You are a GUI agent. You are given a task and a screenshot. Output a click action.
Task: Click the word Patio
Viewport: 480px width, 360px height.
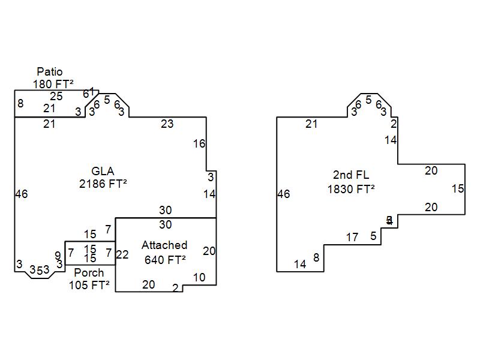(x=49, y=72)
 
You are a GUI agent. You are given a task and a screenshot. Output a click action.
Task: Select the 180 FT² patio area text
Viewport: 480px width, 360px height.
(x=53, y=84)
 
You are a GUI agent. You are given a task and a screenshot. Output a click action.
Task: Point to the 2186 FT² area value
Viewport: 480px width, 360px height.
(x=103, y=184)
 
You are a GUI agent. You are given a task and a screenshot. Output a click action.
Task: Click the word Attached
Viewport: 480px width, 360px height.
(x=164, y=245)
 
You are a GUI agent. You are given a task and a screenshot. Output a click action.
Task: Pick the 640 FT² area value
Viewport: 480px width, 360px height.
(x=165, y=260)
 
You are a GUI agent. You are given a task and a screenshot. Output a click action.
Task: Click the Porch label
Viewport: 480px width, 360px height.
(x=89, y=272)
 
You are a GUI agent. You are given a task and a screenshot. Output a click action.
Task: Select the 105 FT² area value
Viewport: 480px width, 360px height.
(x=89, y=285)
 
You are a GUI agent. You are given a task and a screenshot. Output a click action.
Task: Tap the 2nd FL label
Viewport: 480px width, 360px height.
(x=351, y=175)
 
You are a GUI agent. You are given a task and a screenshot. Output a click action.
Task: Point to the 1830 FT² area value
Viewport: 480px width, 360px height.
(x=351, y=189)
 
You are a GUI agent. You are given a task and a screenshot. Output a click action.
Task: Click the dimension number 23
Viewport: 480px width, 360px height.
(x=167, y=124)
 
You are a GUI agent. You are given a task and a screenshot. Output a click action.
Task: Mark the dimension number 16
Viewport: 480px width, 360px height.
(x=199, y=143)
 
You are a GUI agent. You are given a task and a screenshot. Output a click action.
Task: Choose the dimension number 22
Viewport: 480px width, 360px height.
(x=122, y=255)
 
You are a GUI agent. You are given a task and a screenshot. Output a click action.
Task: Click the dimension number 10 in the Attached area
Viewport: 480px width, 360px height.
(x=199, y=277)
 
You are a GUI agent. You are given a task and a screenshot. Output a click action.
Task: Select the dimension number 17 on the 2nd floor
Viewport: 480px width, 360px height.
(x=352, y=238)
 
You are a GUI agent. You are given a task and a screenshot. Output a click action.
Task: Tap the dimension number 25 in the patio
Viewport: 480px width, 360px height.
(x=56, y=96)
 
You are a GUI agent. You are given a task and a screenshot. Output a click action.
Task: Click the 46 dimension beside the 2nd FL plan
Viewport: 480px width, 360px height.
(x=284, y=194)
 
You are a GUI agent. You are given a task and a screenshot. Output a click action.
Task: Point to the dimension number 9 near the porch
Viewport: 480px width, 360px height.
(x=58, y=256)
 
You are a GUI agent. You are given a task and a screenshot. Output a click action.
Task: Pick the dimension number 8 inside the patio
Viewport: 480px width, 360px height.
(x=20, y=104)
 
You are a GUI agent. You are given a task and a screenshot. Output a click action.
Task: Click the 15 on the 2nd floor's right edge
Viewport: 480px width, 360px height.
(x=458, y=189)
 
